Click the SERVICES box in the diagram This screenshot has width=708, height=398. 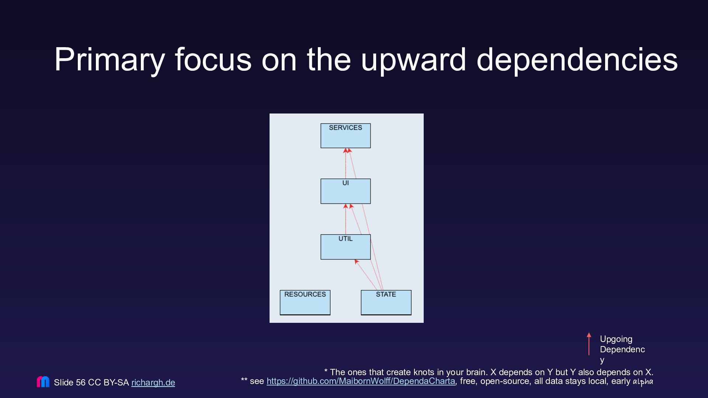pos(346,136)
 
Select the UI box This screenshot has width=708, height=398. pos(346,191)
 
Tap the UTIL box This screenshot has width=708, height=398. pos(346,247)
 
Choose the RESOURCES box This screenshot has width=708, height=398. pos(305,303)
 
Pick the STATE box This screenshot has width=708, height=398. pos(386,303)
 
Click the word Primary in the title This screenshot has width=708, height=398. pos(110,60)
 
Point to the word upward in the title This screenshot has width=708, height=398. pos(413,60)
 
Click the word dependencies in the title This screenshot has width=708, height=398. pos(577,59)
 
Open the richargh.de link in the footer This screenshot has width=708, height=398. pos(153,383)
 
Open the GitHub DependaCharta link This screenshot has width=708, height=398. pos(361,381)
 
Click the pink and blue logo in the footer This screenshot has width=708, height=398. pos(43,381)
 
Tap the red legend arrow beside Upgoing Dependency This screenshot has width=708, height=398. pos(589,344)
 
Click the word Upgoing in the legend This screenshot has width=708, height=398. pos(616,339)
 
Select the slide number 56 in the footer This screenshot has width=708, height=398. pos(81,383)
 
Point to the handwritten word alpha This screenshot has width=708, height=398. pos(643,381)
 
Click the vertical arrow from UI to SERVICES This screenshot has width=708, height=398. pos(346,163)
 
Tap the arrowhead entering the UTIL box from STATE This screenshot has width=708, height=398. pos(356,262)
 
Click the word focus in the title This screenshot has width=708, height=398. pos(213,59)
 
